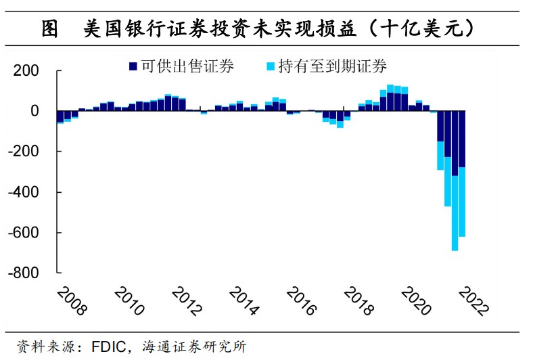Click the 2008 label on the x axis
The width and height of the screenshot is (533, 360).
coord(71,300)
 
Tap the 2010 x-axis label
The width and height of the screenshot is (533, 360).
coord(129,300)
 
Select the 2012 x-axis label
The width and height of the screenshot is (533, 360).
coord(186,300)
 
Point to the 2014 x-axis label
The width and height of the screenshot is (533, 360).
coord(244,300)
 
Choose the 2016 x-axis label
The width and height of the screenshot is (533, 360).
coord(301,300)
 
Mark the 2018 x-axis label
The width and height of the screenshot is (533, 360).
coord(358,300)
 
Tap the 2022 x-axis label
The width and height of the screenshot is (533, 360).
coord(473,300)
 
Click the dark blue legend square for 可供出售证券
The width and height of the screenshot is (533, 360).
coord(133,66)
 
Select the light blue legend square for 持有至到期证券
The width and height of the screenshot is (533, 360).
coord(271,66)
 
